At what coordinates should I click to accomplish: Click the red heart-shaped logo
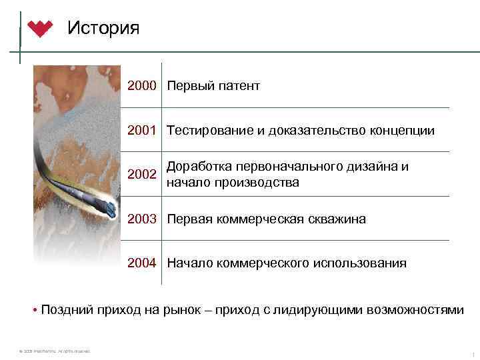pos(41,29)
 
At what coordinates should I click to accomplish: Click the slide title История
pos(103,28)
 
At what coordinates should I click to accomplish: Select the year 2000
pos(142,86)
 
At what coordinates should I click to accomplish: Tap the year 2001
pos(142,131)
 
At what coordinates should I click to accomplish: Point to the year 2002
pos(142,175)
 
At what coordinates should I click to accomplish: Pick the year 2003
pos(142,219)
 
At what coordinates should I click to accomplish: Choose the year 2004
pos(142,263)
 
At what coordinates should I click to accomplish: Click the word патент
pos(238,86)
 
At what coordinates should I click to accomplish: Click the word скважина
pos(337,219)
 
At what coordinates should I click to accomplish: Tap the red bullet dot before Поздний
pos(34,309)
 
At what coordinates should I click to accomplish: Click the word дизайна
pos(367,167)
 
